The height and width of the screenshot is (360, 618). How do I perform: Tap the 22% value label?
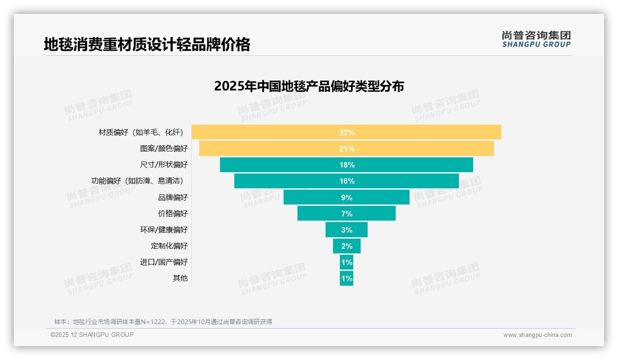[347, 132]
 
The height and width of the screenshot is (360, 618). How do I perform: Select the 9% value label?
[347, 198]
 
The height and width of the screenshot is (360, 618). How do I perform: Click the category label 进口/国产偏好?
[164, 262]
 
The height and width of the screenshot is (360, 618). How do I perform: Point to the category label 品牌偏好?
[173, 198]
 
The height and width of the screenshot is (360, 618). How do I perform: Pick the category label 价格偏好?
[173, 214]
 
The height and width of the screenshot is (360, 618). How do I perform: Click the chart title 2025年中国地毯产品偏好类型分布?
[309, 86]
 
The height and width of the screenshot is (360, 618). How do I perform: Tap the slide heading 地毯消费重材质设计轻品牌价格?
[147, 44]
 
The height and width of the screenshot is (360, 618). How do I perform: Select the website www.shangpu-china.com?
[537, 335]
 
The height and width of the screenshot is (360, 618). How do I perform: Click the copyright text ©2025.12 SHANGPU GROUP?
[92, 335]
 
